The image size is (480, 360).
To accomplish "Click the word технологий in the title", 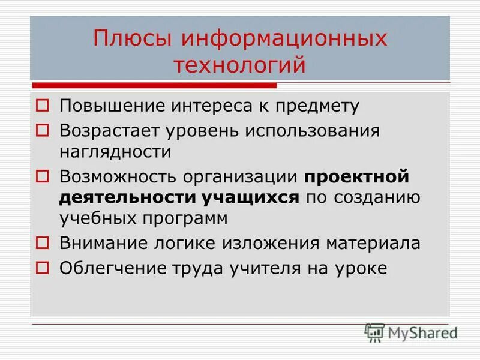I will click(x=240, y=64).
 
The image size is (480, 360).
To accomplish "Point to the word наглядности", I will click(x=115, y=152).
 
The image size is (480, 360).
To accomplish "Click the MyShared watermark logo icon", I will click(x=374, y=332).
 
